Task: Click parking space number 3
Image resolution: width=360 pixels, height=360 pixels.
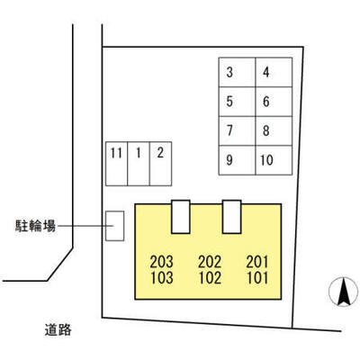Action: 237,72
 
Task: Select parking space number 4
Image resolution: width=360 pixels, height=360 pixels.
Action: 274,72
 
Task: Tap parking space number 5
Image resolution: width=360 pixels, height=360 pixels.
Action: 237,102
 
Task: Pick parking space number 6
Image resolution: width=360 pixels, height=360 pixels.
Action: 274,102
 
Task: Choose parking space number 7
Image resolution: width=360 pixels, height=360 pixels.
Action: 237,131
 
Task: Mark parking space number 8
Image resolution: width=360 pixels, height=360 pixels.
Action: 274,131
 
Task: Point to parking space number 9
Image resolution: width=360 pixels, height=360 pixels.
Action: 237,160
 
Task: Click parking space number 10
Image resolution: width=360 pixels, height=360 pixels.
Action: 274,160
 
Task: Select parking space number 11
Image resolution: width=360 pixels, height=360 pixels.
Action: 116,164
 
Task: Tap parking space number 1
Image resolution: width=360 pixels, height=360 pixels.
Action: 139,164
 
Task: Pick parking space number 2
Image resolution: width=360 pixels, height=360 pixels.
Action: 160,164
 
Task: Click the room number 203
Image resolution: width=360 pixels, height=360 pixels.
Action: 162,262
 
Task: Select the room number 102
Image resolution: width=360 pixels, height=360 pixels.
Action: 210,278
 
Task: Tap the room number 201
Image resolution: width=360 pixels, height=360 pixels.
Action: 257,262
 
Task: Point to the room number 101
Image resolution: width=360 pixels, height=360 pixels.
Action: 257,278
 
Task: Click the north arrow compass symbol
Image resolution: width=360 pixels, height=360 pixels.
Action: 344,292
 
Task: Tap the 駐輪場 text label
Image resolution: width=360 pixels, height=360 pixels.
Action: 35,226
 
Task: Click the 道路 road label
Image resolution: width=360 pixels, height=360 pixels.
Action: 58,330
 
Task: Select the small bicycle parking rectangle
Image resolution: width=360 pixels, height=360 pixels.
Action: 115,226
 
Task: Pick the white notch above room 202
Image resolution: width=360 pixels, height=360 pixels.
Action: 181,217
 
